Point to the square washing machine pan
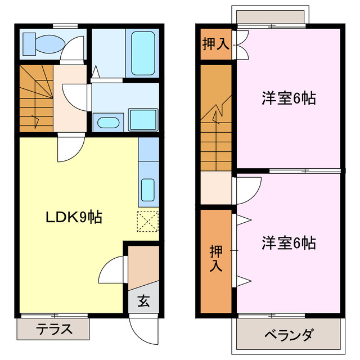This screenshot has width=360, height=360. [x=143, y=120]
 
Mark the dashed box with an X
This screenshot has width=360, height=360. [x=148, y=220]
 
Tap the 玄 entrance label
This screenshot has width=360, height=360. [x=143, y=301]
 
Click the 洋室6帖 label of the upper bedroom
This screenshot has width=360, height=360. [x=288, y=98]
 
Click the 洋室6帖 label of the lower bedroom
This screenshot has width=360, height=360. [x=288, y=243]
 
